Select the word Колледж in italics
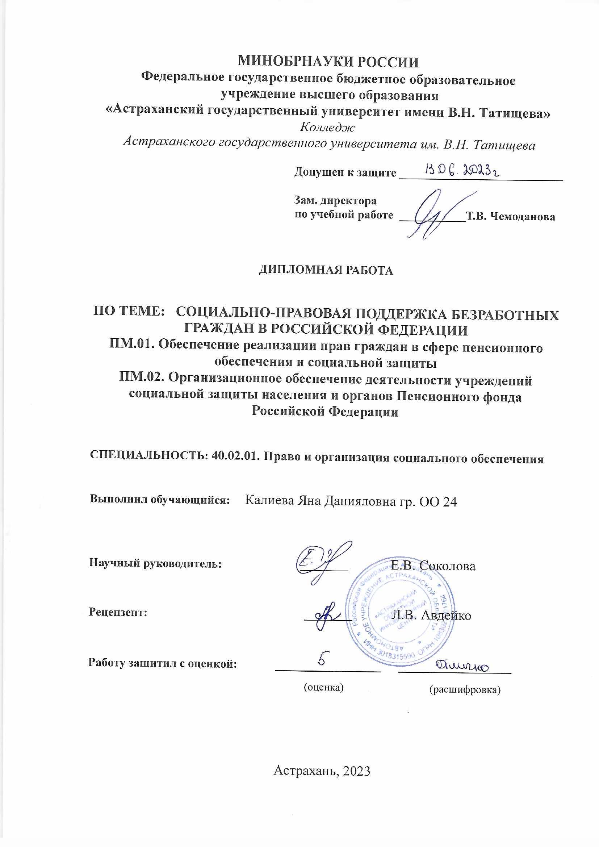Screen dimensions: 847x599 click(x=327, y=128)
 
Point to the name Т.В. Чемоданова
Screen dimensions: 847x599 click(x=511, y=217)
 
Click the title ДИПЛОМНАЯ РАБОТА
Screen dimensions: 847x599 click(x=326, y=270)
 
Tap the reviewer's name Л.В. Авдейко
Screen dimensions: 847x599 click(x=432, y=615)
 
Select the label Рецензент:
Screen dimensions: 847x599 click(x=118, y=613)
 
